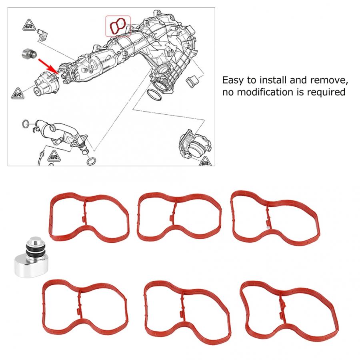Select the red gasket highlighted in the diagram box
pos(118,26)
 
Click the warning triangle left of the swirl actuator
pos(18,92)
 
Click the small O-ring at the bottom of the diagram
pos(91,161)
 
